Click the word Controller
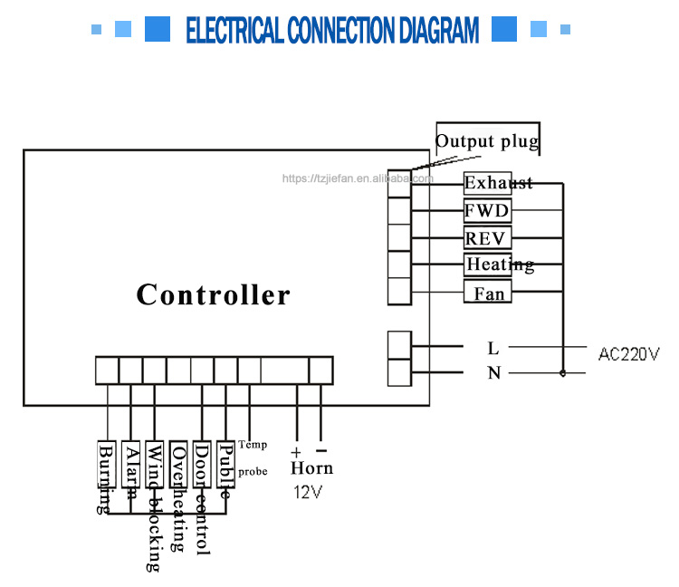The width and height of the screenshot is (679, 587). (x=214, y=295)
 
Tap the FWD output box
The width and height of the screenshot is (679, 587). (x=487, y=211)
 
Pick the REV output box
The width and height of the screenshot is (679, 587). (x=487, y=238)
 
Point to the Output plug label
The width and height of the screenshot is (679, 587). (x=487, y=141)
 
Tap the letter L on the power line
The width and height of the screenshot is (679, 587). (x=493, y=348)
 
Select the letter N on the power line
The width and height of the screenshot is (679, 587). (x=493, y=373)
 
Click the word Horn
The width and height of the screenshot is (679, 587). (x=311, y=468)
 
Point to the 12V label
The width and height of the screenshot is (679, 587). (x=307, y=493)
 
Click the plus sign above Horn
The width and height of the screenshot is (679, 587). (x=296, y=450)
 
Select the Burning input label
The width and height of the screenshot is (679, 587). (x=106, y=478)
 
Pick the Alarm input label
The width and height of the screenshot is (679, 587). (x=131, y=471)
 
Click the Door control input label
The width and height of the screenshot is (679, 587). (x=202, y=498)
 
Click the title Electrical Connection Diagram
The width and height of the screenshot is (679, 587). (x=331, y=30)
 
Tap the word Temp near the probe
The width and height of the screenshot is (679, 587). (x=253, y=445)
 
